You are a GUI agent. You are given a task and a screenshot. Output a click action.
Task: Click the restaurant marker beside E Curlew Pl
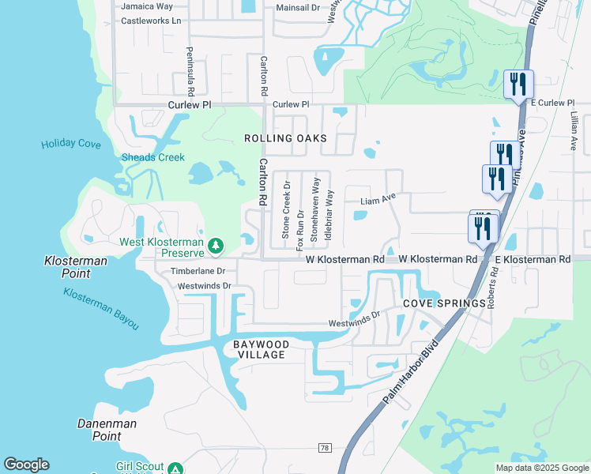coord(518,84)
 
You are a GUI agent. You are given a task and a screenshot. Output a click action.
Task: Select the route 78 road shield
coord(325,448)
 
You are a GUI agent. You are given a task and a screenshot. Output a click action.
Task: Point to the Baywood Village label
coord(258,350)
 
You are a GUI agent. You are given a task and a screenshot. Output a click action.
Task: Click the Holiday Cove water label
coord(71,144)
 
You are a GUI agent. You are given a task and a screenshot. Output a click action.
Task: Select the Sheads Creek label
coord(152,157)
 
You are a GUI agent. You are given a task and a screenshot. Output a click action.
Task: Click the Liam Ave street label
coord(378,201)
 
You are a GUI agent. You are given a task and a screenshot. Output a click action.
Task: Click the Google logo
coord(26,465)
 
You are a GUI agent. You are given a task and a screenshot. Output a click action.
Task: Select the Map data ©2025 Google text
coord(540,468)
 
